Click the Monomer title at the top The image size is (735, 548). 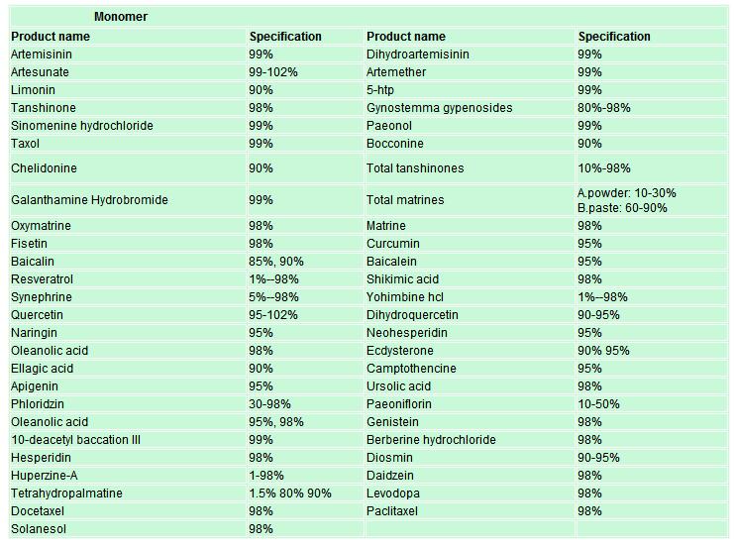pos(121,17)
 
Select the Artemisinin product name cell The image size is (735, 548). pos(42,55)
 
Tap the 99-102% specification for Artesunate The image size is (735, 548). pos(272,72)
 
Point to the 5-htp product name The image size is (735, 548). pos(380,90)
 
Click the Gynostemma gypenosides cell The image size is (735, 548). pos(439,108)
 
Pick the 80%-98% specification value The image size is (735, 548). pos(604,108)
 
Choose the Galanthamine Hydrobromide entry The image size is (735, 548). pos(89,200)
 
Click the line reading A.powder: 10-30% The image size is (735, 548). pos(627,193)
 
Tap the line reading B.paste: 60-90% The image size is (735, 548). pos(622,208)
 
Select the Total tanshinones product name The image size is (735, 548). pos(415,168)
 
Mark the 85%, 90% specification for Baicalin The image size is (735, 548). pos(276,262)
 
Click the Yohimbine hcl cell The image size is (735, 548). pos(405,297)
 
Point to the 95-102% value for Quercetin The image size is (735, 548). pos(272,315)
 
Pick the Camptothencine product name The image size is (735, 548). pos(411,369)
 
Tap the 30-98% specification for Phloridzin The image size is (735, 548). pos(269,404)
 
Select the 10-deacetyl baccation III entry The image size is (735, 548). pos(75,440)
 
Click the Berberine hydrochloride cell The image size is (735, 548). pos(431,440)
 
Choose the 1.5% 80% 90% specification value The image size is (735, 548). pos(289,493)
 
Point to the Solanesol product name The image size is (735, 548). pos(39,529)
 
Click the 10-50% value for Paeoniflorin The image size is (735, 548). pos(598,404)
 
